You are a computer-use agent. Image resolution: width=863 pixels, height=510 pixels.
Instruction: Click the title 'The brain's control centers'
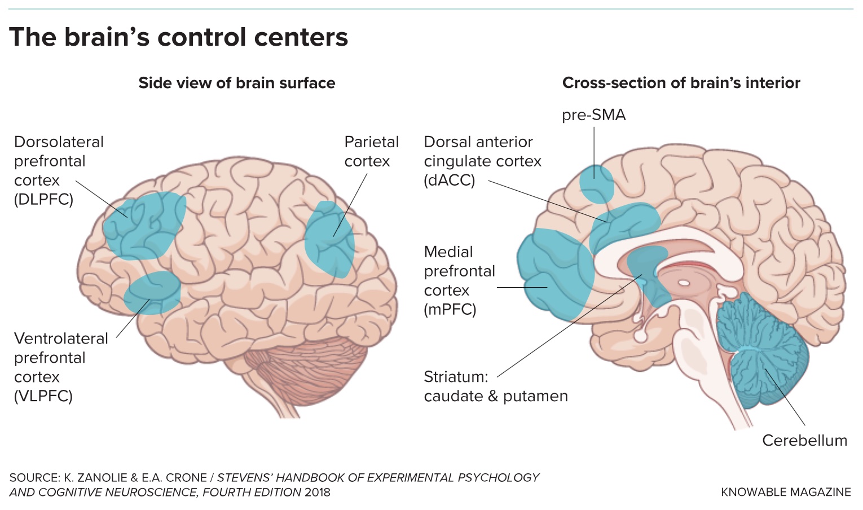coord(178,37)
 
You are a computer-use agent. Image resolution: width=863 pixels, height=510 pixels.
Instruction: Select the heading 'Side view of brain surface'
coord(236,83)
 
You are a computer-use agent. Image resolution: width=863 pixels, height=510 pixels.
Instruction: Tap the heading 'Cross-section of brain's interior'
coord(681,83)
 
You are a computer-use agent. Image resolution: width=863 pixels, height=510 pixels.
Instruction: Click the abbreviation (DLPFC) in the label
coord(43,200)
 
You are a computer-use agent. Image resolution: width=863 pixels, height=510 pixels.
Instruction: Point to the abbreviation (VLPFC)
coord(43,396)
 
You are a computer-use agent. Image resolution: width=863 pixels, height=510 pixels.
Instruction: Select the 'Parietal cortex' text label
coord(371,151)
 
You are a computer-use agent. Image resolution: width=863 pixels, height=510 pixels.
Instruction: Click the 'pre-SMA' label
coord(593,115)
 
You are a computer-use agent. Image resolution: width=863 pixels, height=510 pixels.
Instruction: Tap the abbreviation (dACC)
coord(449,181)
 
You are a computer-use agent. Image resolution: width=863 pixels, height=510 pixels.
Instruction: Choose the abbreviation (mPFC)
coord(450,310)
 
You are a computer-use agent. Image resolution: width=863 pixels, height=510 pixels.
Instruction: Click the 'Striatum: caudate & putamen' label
coord(495,386)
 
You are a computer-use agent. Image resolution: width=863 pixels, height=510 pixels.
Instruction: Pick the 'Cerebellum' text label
coord(804,441)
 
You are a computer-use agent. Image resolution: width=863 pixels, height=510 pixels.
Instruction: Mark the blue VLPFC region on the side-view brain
coord(152,292)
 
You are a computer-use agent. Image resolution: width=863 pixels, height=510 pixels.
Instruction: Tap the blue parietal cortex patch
coord(330,240)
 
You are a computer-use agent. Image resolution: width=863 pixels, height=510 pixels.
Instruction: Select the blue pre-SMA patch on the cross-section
coord(596,184)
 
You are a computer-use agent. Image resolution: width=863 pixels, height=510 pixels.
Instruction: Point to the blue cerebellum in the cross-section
coord(764,350)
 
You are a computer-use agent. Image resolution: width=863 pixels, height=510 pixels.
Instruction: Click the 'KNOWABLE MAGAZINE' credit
coord(785,492)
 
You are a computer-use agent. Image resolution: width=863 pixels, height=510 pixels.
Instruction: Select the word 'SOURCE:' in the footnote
coord(34,478)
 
